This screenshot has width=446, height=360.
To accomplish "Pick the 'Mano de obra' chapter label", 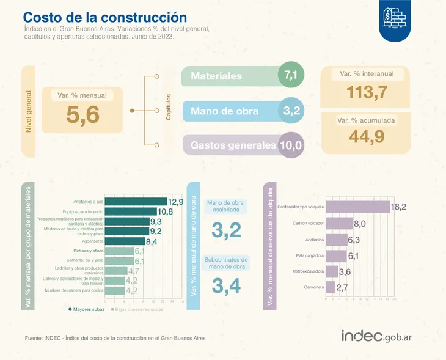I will click(224, 111).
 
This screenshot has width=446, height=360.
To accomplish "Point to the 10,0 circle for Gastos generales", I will click(291, 145).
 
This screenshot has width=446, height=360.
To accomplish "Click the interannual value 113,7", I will click(358, 92).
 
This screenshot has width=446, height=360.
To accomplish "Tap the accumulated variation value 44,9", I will click(358, 136).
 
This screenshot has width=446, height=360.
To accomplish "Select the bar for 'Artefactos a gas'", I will click(136, 201).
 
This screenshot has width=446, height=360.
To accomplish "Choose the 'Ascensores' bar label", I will click(93, 241).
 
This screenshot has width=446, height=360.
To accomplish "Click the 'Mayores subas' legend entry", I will click(86, 309).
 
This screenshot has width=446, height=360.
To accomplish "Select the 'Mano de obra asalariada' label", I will click(226, 206).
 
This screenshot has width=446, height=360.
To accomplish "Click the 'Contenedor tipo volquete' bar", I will click(357, 207).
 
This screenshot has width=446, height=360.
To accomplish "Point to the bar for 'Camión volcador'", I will click(340, 224).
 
